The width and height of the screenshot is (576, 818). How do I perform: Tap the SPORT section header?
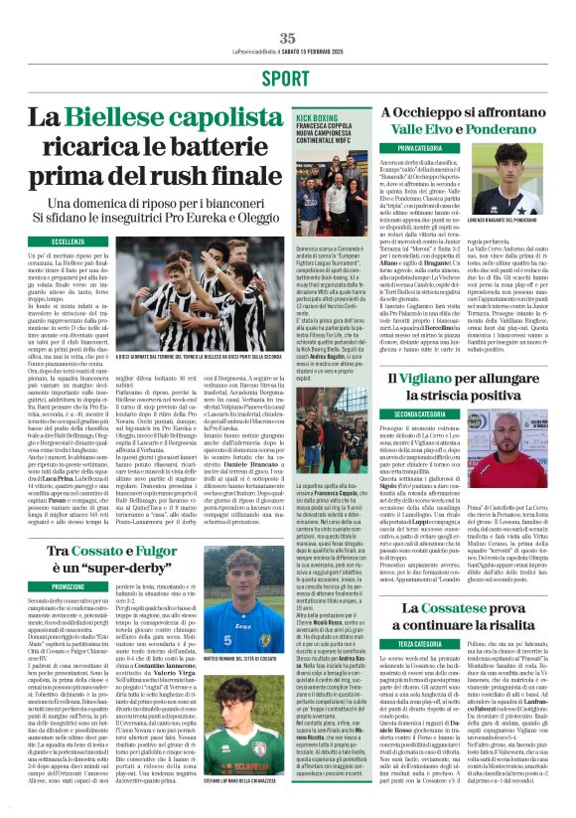287,78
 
